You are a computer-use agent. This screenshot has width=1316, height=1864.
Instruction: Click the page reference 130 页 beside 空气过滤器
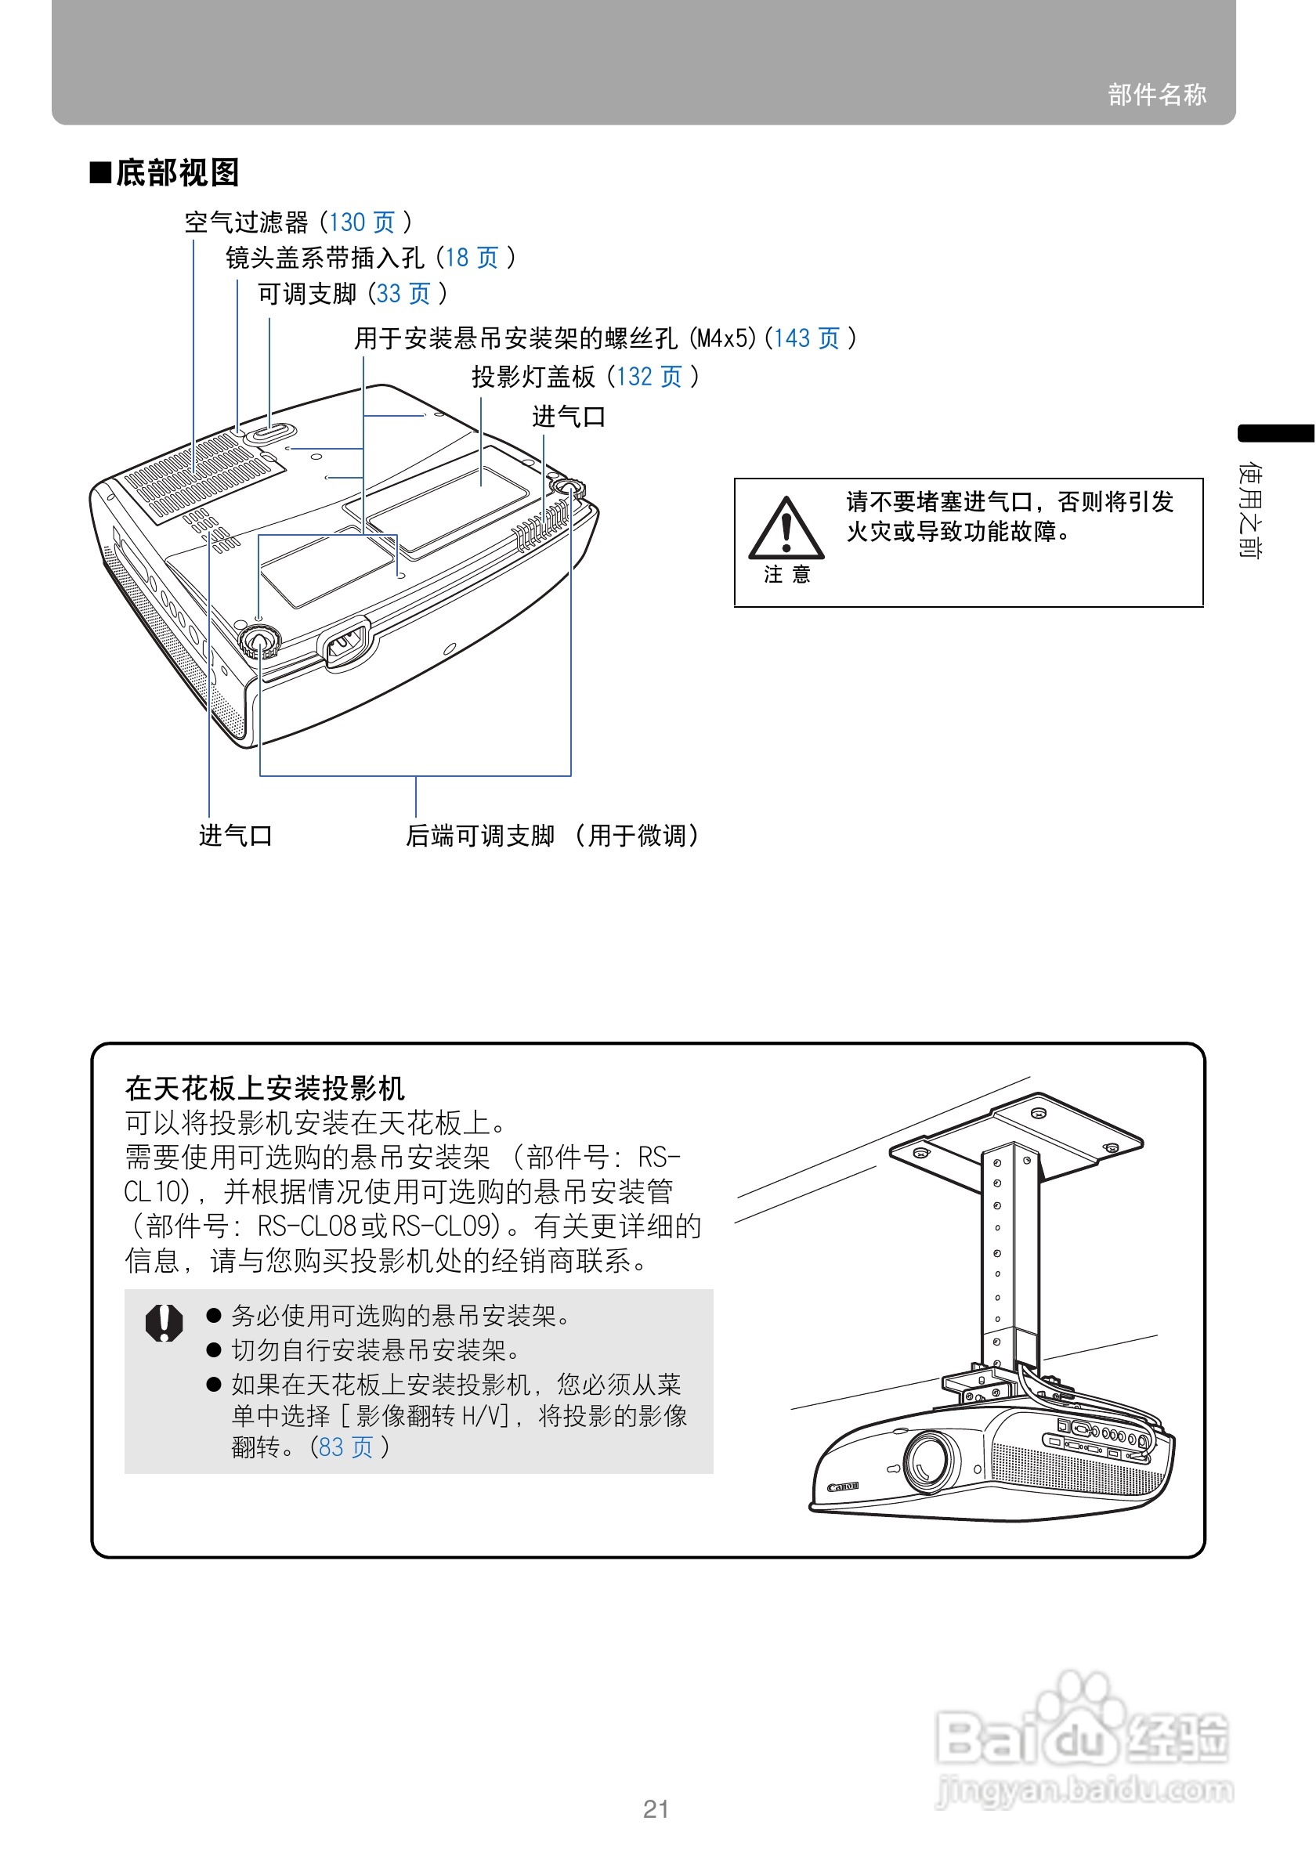[361, 222]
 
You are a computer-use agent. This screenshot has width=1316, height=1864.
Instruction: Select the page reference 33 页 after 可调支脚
[403, 293]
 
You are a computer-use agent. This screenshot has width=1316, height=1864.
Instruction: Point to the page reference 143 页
[806, 338]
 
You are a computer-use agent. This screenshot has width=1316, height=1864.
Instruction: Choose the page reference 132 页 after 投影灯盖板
[649, 377]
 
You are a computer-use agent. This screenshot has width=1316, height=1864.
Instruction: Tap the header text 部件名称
[1156, 94]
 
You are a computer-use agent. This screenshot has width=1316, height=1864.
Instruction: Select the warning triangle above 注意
[785, 529]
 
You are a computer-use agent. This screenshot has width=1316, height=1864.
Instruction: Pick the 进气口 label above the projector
[568, 417]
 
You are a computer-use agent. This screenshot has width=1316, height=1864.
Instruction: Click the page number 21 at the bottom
[656, 1809]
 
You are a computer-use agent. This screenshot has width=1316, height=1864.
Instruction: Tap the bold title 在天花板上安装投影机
[265, 1088]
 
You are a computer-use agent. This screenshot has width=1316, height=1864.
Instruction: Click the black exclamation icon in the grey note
[164, 1324]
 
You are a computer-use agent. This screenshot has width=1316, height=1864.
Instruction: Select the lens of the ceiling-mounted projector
[927, 1461]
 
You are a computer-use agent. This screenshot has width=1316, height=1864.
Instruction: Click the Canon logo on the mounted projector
[843, 1487]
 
